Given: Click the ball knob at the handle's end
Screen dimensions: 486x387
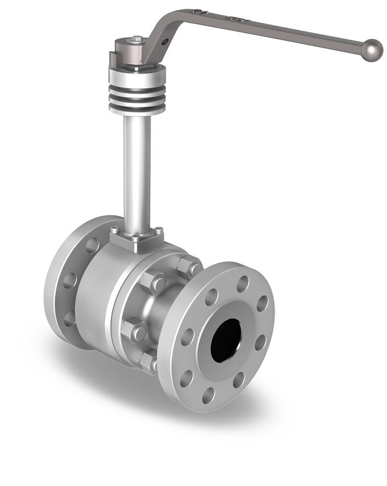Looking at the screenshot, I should point(372,51).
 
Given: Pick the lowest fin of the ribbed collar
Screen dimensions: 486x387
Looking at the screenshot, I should point(137,106).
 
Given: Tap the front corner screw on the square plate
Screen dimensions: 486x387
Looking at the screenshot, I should point(135,239).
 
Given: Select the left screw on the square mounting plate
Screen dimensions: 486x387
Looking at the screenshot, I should point(114,230).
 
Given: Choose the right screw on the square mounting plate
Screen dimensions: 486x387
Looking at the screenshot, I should point(158,230).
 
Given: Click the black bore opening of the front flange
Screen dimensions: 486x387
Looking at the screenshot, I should point(225,340).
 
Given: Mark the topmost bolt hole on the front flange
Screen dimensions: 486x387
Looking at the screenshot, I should point(242,284).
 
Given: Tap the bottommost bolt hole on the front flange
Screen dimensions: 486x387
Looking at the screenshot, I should point(209,395).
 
